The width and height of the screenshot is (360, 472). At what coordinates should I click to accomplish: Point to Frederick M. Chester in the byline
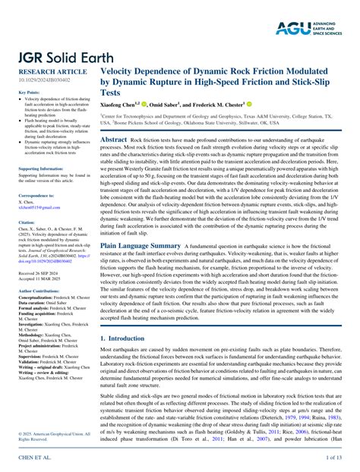tap(219, 104)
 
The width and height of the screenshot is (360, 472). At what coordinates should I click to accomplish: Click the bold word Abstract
tap(114, 140)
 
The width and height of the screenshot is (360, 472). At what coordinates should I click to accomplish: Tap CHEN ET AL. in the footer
tap(34, 458)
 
